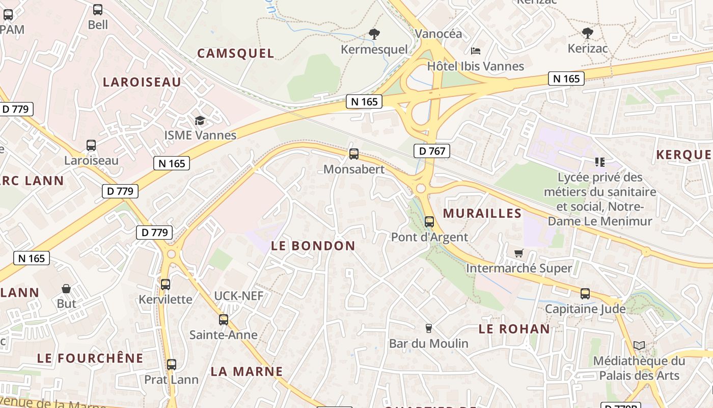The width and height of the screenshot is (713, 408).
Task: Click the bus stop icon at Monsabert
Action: [x=353, y=154]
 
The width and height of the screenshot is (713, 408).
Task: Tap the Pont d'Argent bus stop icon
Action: [x=429, y=221]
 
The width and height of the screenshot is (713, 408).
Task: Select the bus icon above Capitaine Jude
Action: [x=585, y=294]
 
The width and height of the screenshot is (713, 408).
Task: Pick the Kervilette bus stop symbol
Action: [x=166, y=284]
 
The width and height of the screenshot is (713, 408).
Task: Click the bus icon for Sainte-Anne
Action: [x=223, y=320]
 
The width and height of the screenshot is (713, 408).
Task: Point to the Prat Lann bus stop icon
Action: [x=172, y=365]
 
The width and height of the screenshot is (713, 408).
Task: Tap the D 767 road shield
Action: [x=431, y=151]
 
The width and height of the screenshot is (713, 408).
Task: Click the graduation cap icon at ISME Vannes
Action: [x=200, y=121]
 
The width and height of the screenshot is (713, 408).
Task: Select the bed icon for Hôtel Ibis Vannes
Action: [x=475, y=50]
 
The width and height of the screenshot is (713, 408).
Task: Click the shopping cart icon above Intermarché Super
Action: [x=518, y=253]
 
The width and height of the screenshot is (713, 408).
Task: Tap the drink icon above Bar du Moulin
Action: [x=428, y=328]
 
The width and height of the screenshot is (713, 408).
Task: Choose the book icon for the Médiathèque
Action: [x=639, y=345]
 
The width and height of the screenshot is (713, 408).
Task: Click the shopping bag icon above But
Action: [x=66, y=289]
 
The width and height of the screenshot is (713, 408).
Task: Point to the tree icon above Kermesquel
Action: [x=374, y=34]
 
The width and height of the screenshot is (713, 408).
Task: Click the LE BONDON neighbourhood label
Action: [x=313, y=246]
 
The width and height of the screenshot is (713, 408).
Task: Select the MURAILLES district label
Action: [x=482, y=213]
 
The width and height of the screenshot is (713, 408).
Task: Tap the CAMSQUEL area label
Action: [x=235, y=54]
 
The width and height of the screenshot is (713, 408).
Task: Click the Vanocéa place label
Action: [x=438, y=34]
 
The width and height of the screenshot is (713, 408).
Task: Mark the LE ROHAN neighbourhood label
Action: [x=514, y=329]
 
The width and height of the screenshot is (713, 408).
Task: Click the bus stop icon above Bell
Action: [x=97, y=9]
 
